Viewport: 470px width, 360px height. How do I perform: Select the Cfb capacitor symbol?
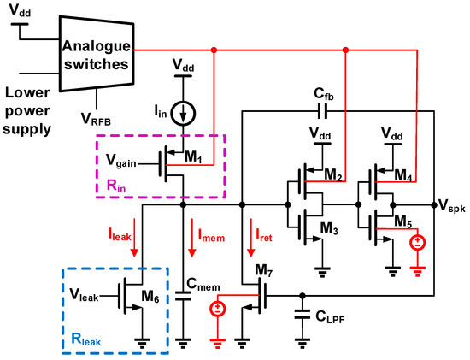pos(322,110)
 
